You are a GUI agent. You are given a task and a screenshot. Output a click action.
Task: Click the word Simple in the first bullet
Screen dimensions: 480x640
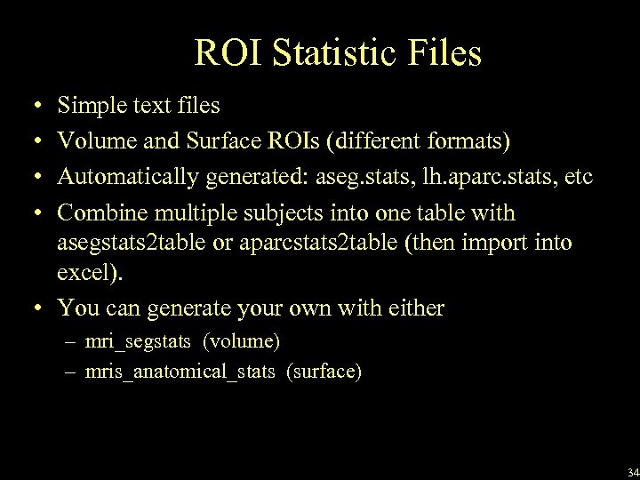[x=89, y=106]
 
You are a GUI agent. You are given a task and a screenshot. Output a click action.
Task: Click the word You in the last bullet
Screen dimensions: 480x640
[x=75, y=308]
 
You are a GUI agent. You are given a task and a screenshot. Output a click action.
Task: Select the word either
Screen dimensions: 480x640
[x=418, y=308]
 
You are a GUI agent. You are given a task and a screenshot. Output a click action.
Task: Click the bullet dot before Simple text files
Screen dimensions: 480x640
[x=31, y=107]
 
